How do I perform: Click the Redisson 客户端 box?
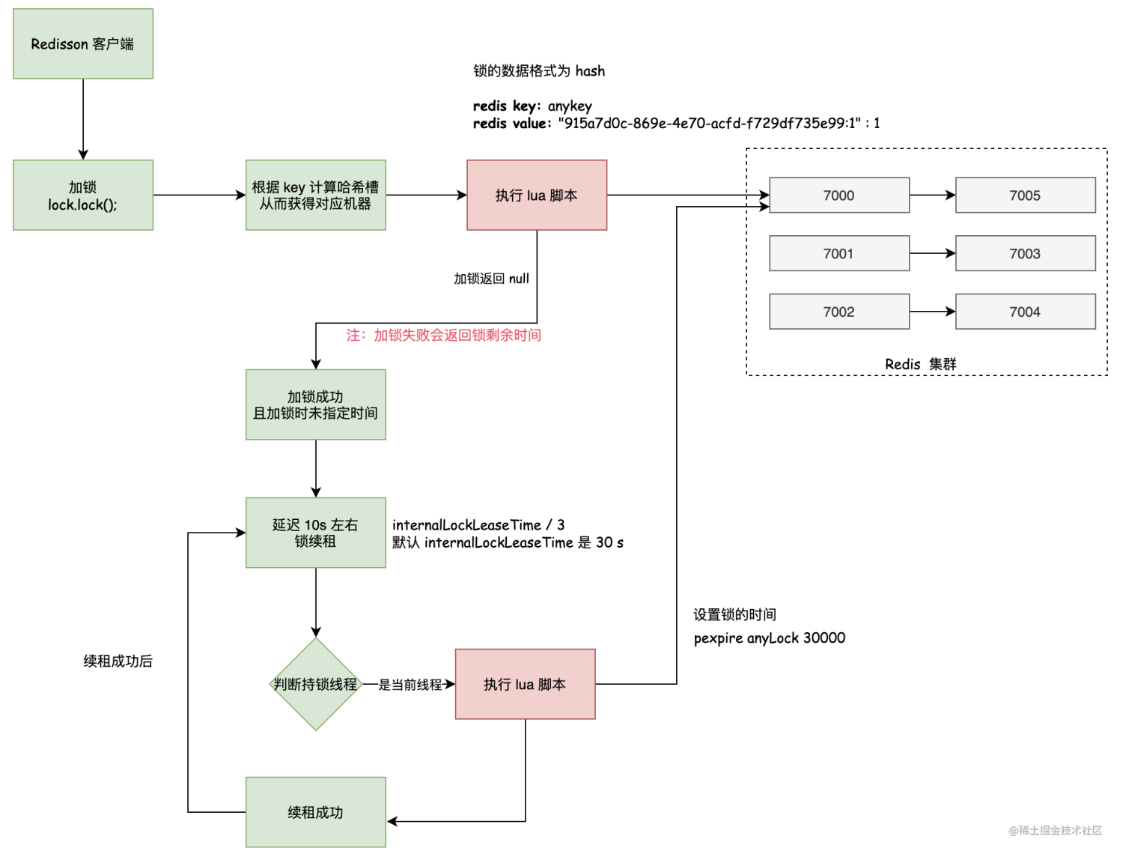[83, 44]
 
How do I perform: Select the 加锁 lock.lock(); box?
[83, 195]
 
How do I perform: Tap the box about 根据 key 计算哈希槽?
[315, 195]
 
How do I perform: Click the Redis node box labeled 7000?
[839, 196]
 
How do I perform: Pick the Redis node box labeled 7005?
[1025, 196]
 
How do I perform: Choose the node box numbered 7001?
[839, 254]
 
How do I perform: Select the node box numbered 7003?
[1025, 254]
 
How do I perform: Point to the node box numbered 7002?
[839, 312]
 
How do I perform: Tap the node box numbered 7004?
[1025, 312]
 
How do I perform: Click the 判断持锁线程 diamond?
[316, 684]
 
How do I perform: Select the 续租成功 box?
[315, 812]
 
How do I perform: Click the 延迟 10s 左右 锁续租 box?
[315, 533]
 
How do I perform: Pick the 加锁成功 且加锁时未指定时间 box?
[315, 405]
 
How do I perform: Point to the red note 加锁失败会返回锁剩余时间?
[443, 335]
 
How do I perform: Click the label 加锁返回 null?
[491, 279]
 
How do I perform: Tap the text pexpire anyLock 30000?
[769, 638]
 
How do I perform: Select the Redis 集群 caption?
[920, 364]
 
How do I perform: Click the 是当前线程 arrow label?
[410, 685]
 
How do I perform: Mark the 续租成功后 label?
[118, 661]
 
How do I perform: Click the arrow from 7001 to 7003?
[932, 254]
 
